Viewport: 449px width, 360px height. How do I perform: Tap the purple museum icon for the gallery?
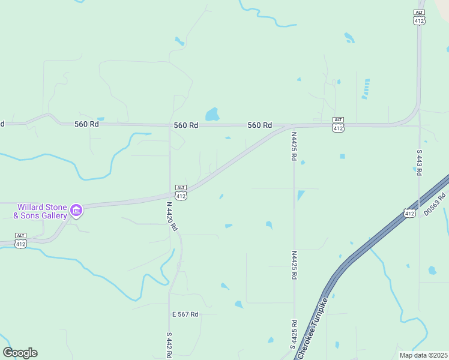[x=76, y=210]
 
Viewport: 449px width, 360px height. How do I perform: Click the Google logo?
[x=20, y=353]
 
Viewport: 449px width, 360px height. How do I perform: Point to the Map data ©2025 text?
[x=423, y=355]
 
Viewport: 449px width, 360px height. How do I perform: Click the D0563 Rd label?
[x=436, y=204]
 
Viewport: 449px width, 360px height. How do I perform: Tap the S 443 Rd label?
[x=419, y=163]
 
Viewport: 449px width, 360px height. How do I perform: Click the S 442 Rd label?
[x=169, y=344]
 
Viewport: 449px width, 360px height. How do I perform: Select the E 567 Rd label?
[x=185, y=314]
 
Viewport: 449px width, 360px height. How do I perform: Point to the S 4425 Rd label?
[x=294, y=335]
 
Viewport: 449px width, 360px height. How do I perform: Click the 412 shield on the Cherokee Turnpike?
[x=409, y=213]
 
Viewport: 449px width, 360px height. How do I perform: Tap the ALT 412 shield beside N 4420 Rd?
[x=181, y=192]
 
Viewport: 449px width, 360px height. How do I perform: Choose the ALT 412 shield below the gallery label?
[x=20, y=240]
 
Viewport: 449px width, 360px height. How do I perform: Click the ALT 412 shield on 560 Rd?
[x=338, y=125]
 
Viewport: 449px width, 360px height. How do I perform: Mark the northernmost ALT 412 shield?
[x=419, y=17]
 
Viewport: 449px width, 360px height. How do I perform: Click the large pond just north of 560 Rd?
[x=212, y=114]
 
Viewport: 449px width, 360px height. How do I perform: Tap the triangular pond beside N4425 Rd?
[x=300, y=196]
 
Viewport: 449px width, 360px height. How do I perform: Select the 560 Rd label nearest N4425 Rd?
[x=260, y=125]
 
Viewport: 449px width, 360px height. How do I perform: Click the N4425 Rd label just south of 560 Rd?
[x=294, y=146]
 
